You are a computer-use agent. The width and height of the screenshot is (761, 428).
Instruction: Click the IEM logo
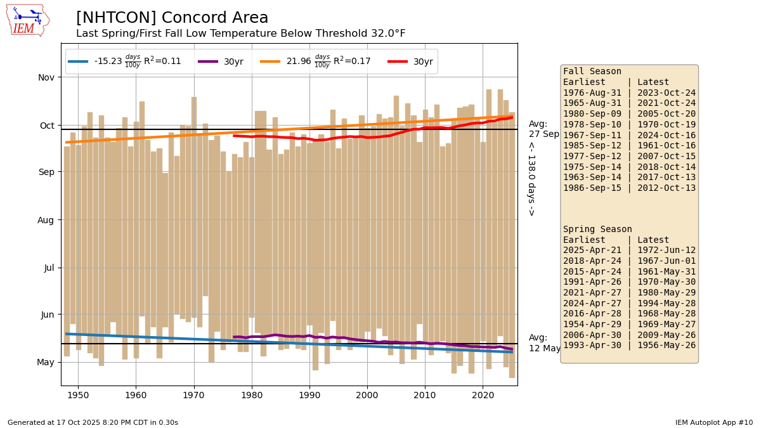coord(27,20)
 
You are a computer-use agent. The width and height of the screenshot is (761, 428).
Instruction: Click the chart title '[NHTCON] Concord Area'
coord(172,18)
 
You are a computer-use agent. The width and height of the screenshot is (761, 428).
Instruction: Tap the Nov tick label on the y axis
coord(47,77)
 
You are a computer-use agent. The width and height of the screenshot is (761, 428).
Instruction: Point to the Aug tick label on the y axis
coord(47,220)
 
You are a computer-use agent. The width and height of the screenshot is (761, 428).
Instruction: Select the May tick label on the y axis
coord(46,363)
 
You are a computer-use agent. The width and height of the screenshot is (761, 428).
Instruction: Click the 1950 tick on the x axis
coord(78,394)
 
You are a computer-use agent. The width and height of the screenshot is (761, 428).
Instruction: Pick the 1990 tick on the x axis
coord(309,394)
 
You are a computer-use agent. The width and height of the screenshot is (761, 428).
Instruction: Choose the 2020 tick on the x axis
coord(483,394)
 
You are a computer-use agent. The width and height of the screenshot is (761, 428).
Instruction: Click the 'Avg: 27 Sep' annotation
coord(544,129)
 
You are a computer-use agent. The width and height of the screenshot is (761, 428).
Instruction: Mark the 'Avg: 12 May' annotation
coord(545,343)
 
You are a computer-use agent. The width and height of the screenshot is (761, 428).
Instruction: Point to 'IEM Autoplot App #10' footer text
coord(713,422)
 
